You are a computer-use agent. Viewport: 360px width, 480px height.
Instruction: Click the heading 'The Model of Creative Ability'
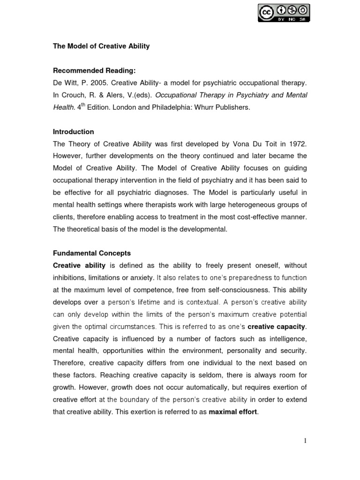click(x=101, y=46)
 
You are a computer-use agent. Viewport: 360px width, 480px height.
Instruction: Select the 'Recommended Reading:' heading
click(x=94, y=71)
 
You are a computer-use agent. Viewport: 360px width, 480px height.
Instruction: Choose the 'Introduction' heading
click(x=73, y=132)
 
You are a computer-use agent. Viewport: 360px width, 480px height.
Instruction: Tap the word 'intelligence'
click(x=285, y=339)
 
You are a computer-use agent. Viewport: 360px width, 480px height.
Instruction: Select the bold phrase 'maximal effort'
click(x=233, y=412)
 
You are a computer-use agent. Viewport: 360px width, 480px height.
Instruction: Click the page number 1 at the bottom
click(x=305, y=440)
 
